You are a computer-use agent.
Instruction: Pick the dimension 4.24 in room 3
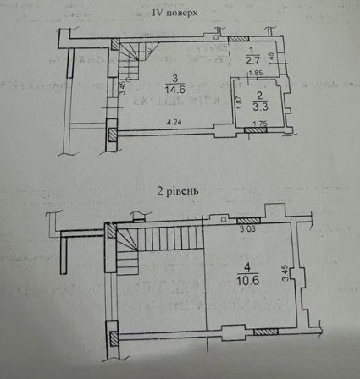tap(175, 124)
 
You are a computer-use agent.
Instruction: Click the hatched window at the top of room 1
tap(239, 39)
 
